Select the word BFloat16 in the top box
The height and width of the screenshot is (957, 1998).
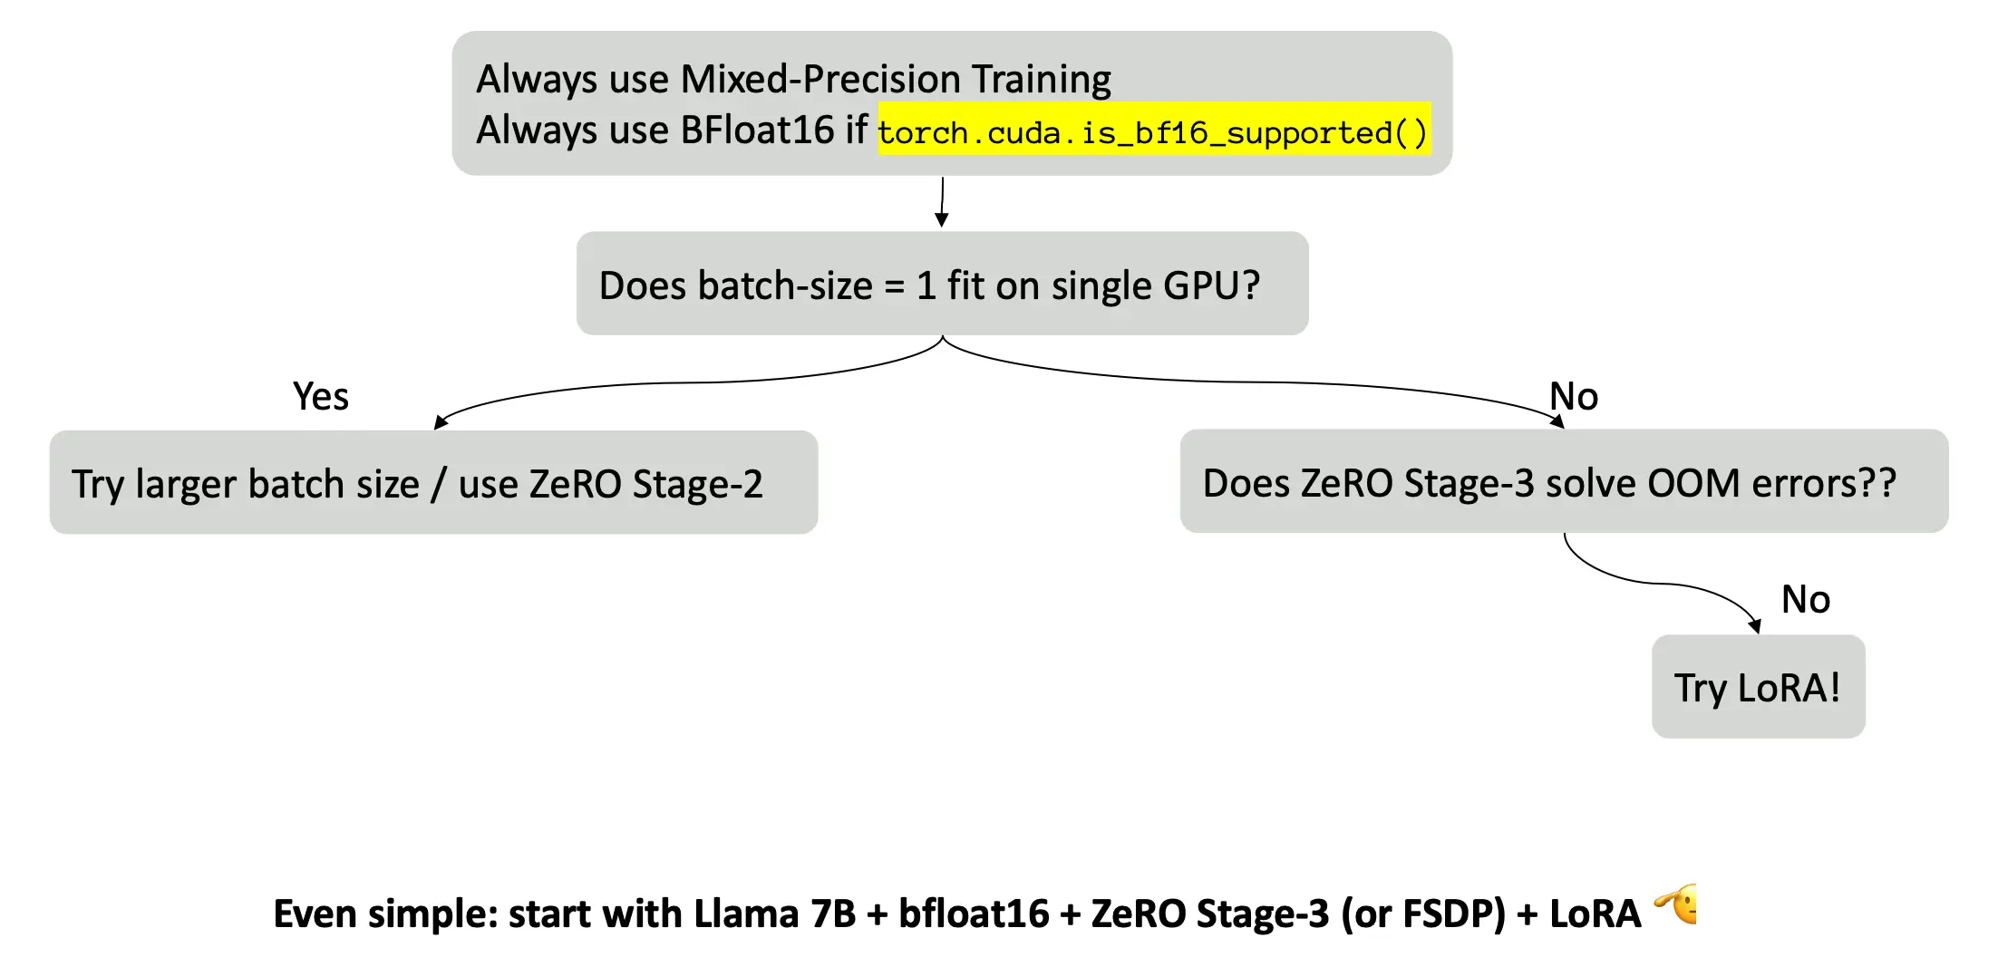pyautogui.click(x=757, y=130)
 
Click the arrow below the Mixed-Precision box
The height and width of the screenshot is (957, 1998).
pyautogui.click(x=943, y=202)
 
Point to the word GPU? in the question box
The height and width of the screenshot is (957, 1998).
pyautogui.click(x=1212, y=286)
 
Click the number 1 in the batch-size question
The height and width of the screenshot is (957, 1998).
pyautogui.click(x=926, y=286)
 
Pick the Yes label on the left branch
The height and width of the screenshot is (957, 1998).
pyautogui.click(x=321, y=397)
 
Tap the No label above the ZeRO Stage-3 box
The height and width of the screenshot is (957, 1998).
pyautogui.click(x=1574, y=397)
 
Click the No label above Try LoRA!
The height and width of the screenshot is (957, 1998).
pyautogui.click(x=1806, y=600)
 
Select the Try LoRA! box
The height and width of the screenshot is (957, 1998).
pyautogui.click(x=1759, y=687)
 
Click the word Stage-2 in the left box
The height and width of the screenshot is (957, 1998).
pyautogui.click(x=697, y=485)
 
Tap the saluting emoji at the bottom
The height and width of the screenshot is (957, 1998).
pyautogui.click(x=1676, y=904)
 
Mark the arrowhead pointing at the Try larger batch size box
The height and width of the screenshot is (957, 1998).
pyautogui.click(x=441, y=422)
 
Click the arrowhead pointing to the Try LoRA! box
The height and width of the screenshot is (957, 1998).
pyautogui.click(x=1755, y=626)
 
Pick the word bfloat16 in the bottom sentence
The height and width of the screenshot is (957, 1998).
pyautogui.click(x=974, y=913)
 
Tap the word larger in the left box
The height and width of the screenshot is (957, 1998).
pyautogui.click(x=186, y=485)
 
